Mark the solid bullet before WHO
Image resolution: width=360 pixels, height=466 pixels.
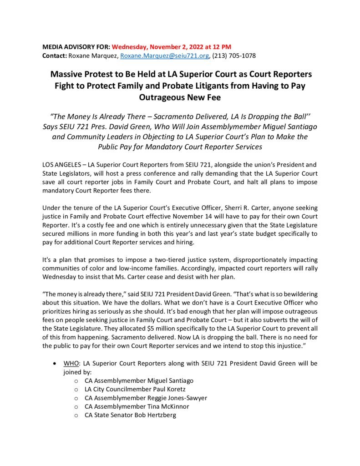click(x=55, y=364)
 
